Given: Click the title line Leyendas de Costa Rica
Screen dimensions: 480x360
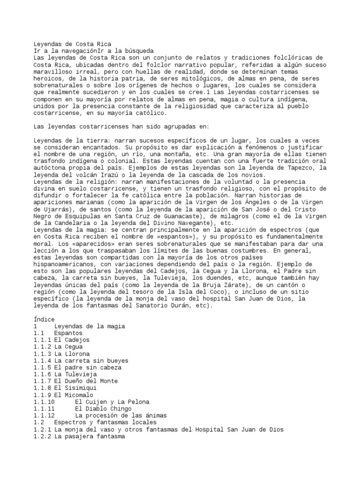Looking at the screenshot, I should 73,44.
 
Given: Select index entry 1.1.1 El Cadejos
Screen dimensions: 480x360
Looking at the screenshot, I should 61,339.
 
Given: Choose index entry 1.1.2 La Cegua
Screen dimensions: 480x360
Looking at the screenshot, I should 58,346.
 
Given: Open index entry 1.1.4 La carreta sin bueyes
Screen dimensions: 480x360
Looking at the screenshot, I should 81,360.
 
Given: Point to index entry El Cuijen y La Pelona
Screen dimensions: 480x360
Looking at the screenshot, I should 112,402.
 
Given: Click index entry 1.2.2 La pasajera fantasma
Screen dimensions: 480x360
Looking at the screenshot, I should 79,436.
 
